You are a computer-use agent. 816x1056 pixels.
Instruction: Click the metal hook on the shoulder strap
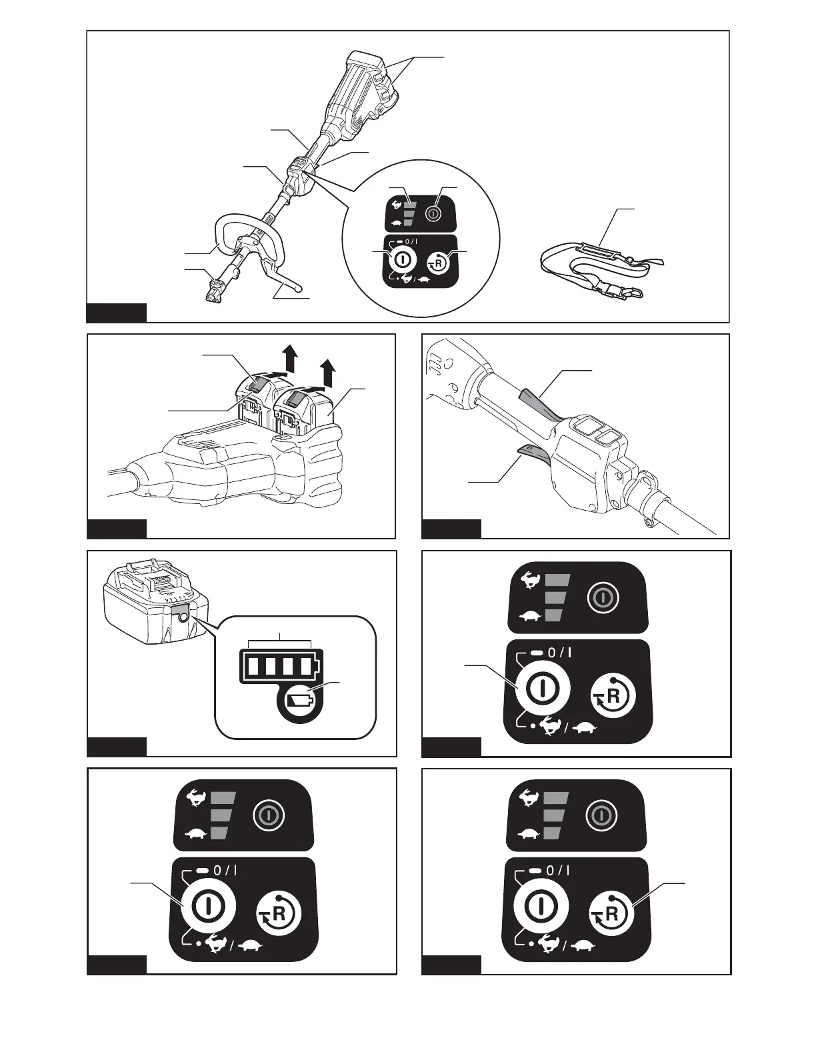coord(637,291)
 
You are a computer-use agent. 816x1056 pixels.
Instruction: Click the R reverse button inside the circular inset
coord(439,263)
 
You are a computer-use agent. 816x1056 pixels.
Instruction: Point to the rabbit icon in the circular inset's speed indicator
coord(398,204)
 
